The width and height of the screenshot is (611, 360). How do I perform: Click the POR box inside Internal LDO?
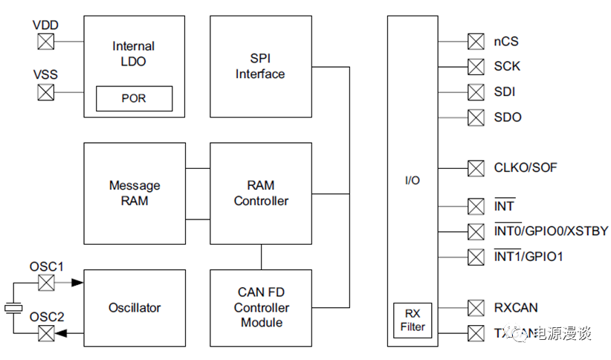click(x=134, y=98)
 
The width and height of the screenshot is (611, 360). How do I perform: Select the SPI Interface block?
click(x=260, y=67)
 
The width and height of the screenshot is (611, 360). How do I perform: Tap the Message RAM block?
click(x=135, y=193)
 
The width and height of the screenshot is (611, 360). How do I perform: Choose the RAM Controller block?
click(x=261, y=193)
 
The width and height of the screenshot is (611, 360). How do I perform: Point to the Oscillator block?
click(x=135, y=307)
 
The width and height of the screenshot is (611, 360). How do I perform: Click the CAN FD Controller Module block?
click(x=261, y=308)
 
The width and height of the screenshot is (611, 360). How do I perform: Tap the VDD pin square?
click(x=46, y=41)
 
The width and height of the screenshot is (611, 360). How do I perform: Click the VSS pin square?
click(x=46, y=92)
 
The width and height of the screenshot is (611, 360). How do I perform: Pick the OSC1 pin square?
click(x=46, y=283)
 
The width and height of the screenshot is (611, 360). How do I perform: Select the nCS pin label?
click(x=507, y=41)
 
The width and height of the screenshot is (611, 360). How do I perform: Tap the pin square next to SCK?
click(x=476, y=67)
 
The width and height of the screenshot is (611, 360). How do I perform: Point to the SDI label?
click(x=505, y=92)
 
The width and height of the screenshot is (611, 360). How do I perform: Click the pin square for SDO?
click(x=476, y=118)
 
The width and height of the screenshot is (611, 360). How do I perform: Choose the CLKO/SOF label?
click(x=525, y=168)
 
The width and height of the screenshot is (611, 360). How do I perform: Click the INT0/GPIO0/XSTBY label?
click(x=551, y=231)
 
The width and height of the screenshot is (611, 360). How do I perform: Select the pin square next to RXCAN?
click(x=476, y=307)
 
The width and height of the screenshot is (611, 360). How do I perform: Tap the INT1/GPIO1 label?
click(x=528, y=257)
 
